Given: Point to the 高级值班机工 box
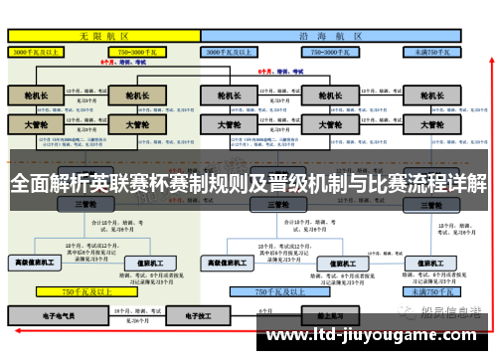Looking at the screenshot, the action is pyautogui.click(x=36, y=263).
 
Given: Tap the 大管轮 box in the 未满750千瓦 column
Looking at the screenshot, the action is pyautogui.click(x=432, y=125).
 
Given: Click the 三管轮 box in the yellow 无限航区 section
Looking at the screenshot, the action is pyautogui.click(x=84, y=204).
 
